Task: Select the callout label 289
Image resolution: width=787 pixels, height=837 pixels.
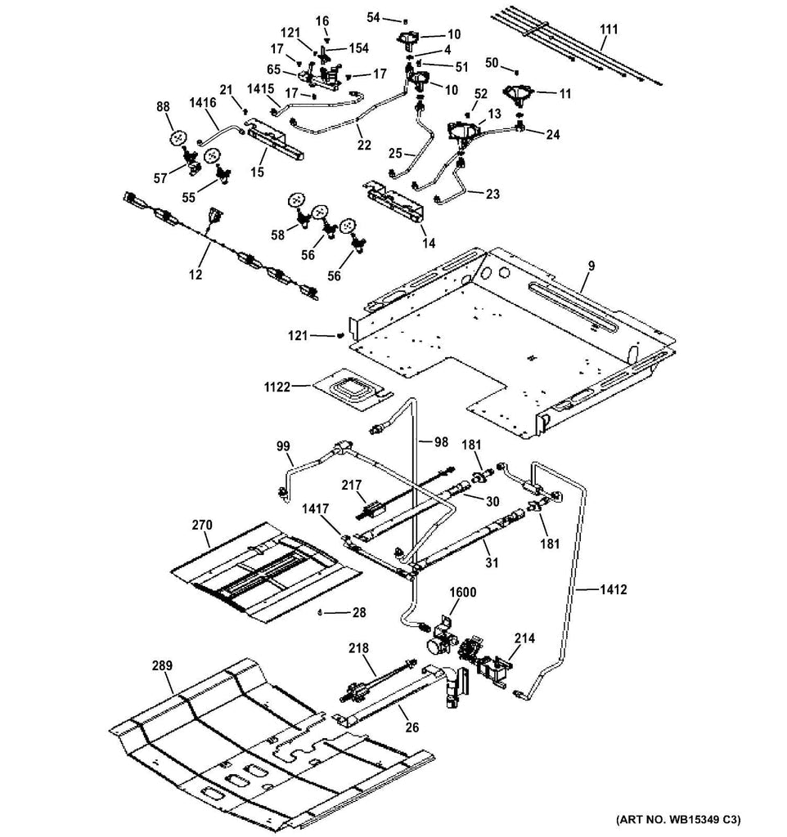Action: (x=162, y=666)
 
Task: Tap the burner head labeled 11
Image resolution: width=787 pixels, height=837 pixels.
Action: (x=517, y=96)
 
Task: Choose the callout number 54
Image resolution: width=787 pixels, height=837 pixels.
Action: (x=373, y=16)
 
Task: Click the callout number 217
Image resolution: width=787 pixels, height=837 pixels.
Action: (x=352, y=485)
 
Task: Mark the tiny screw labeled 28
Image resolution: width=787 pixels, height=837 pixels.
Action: (x=321, y=611)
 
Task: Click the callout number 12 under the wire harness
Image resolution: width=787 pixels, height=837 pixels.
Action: (x=195, y=275)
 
